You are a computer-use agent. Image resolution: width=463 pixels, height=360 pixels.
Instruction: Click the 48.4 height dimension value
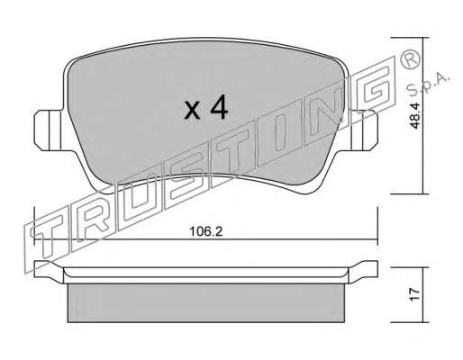click(415, 115)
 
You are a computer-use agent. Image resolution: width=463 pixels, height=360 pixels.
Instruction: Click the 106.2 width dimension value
click(206, 231)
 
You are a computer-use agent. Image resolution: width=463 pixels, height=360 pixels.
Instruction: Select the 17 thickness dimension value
click(414, 295)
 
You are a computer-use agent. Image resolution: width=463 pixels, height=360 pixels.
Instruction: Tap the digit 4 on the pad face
click(219, 107)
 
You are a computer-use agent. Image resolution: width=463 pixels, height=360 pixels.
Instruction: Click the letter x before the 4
click(192, 111)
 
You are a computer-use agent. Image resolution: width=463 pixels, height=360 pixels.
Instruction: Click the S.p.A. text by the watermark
click(428, 84)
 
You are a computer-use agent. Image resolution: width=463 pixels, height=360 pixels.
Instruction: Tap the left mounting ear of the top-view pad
click(48, 130)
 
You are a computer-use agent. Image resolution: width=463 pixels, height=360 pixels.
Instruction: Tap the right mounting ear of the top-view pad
click(364, 130)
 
